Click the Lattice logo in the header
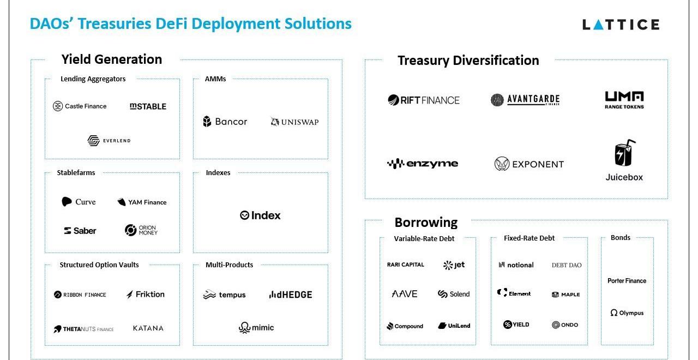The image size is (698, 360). point(621,25)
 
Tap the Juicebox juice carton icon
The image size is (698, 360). point(624,153)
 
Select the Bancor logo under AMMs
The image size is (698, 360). point(225,122)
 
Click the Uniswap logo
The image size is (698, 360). point(294,122)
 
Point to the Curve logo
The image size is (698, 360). point(79,202)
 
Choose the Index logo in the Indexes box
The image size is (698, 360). point(260,215)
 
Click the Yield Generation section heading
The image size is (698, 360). point(111,59)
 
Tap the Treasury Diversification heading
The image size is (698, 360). point(468,61)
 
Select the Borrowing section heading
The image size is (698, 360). point(426,223)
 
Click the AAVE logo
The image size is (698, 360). point(405,294)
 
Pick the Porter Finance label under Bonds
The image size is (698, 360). point(627,281)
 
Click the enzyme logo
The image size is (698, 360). point(422,164)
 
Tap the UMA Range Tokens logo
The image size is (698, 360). point(624,100)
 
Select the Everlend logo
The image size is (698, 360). point(109,141)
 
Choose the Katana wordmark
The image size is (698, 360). point(148,328)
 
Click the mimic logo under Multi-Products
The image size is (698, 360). point(256,328)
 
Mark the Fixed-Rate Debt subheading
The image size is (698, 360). point(529,238)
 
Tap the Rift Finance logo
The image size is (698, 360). point(424,100)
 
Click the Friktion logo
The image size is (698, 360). point(145,295)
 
